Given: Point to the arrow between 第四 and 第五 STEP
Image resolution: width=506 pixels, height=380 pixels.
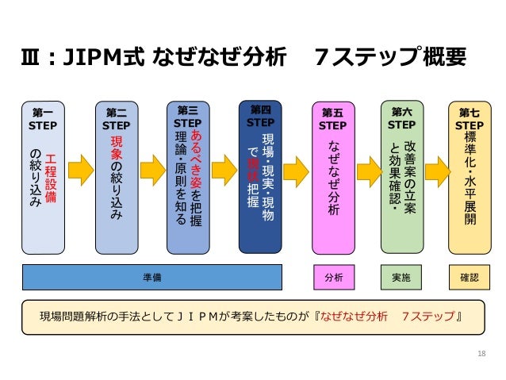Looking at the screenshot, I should (x=296, y=168).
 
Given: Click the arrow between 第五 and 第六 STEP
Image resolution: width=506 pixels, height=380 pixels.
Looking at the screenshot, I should (x=368, y=168).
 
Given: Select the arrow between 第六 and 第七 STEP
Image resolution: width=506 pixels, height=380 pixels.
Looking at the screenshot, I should (x=436, y=168).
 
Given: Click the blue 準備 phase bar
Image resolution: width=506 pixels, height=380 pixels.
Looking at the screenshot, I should (x=152, y=277).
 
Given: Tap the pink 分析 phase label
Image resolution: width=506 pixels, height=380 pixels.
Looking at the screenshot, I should (x=333, y=277).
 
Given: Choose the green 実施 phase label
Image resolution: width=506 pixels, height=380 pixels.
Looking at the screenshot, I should (x=401, y=277).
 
